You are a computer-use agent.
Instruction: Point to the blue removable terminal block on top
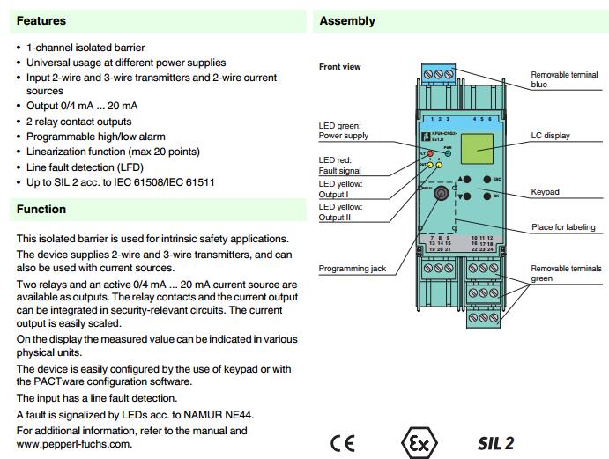447,78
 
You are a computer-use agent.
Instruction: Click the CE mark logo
343,441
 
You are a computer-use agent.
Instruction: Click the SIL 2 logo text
495,441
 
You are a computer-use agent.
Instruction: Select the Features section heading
41,20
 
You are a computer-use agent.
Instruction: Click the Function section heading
41,209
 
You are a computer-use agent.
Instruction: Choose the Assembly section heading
346,20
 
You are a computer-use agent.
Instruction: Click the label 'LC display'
551,136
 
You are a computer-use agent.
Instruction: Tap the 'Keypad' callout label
546,191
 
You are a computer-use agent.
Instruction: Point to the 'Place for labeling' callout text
563,227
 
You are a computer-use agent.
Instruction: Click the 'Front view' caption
339,67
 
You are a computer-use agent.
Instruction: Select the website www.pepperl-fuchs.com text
75,444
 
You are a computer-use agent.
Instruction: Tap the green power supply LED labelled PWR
447,152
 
